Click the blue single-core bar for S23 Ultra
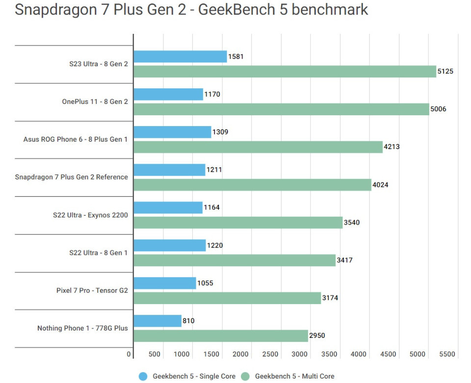[180, 56]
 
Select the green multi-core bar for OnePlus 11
[281, 109]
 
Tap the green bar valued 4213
[258, 147]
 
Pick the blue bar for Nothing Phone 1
[157, 321]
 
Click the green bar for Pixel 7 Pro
[227, 298]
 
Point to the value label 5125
[445, 71]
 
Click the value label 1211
[214, 170]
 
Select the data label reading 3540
[352, 222]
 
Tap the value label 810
[188, 321]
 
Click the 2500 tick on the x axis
[270, 354]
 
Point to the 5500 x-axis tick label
[446, 354]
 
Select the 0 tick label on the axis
[129, 354]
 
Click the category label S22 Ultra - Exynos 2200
[90, 215]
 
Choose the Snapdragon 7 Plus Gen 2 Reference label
[72, 177]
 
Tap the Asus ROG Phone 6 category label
[76, 139]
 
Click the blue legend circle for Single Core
[143, 376]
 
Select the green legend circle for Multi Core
[245, 376]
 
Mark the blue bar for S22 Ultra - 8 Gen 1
[170, 245]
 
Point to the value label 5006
[438, 109]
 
